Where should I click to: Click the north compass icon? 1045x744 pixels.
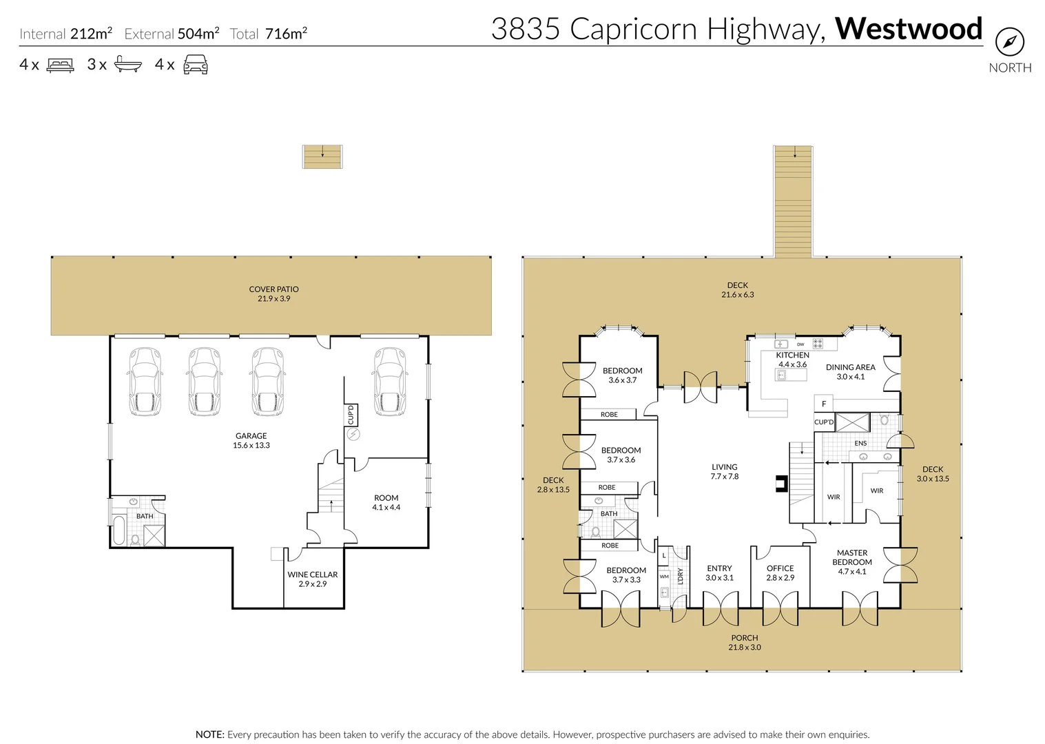1009,42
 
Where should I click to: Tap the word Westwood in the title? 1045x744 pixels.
908,29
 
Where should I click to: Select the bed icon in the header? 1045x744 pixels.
60,65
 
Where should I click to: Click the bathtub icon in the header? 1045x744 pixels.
127,65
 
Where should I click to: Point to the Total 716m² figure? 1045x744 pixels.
269,34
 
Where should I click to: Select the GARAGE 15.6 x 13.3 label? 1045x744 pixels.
251,440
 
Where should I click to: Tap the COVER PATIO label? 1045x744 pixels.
274,293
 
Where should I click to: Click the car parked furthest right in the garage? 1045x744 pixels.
390,382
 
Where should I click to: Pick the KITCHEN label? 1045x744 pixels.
792,355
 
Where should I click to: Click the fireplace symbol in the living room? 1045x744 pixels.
781,484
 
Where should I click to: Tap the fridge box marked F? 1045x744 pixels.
823,404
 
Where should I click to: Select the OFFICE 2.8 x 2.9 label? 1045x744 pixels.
780,572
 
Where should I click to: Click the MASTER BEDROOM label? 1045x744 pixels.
852,557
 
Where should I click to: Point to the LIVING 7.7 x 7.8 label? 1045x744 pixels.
724,471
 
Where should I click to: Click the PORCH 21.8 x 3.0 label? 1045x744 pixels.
745,642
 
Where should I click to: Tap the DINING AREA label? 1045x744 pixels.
850,371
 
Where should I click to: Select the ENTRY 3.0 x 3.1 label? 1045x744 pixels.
719,572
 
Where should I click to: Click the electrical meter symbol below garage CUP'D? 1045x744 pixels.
353,435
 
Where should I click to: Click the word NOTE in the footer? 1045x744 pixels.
209,734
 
